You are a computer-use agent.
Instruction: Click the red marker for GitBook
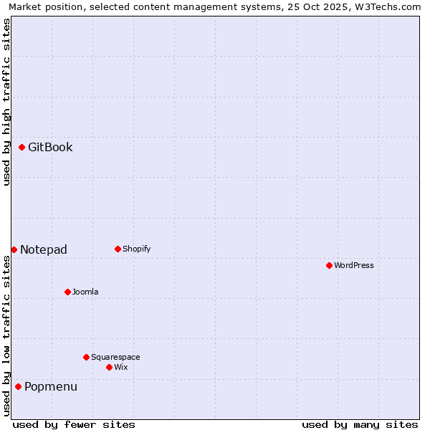[22, 148]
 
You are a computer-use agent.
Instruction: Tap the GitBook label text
[50, 148]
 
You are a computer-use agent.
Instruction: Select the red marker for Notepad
[14, 249]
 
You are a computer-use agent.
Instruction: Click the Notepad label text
[44, 250]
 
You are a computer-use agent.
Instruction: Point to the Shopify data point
[118, 249]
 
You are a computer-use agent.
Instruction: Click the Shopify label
[136, 249]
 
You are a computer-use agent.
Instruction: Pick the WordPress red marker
[329, 266]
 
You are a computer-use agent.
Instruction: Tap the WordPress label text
[354, 266]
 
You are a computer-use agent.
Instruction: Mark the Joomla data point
[67, 292]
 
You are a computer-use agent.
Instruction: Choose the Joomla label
[85, 292]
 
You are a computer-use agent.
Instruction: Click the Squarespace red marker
[86, 357]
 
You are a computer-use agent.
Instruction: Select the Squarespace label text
[115, 358]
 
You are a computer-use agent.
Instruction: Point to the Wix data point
[109, 367]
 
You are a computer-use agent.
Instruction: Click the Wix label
[121, 368]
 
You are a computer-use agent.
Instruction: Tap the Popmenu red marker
[18, 387]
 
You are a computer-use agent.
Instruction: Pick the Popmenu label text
[51, 387]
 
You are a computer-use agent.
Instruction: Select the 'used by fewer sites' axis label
[74, 425]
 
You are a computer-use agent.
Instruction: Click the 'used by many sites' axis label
[360, 425]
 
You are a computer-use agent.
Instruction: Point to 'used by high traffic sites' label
[7, 102]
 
